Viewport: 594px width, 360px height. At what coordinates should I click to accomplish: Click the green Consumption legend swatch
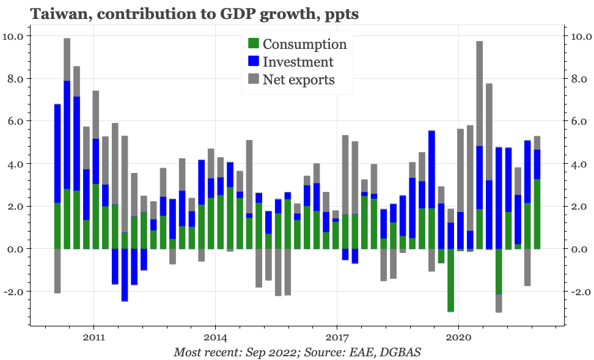click(x=254, y=44)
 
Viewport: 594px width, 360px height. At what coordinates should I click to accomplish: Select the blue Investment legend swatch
click(x=254, y=62)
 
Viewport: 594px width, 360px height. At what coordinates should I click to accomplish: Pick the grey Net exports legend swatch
click(x=254, y=79)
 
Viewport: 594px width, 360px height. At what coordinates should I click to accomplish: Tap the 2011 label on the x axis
click(x=94, y=337)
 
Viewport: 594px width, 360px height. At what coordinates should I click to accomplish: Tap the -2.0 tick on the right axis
click(x=578, y=292)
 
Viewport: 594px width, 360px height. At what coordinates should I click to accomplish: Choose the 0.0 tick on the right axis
click(x=578, y=249)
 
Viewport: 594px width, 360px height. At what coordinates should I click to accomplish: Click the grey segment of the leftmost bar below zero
click(x=57, y=271)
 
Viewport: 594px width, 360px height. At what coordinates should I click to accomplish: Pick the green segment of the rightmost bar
click(x=537, y=214)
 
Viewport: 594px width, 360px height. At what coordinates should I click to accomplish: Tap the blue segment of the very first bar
click(x=57, y=153)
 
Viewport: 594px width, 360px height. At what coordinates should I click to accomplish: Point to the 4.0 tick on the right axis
click(x=578, y=164)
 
